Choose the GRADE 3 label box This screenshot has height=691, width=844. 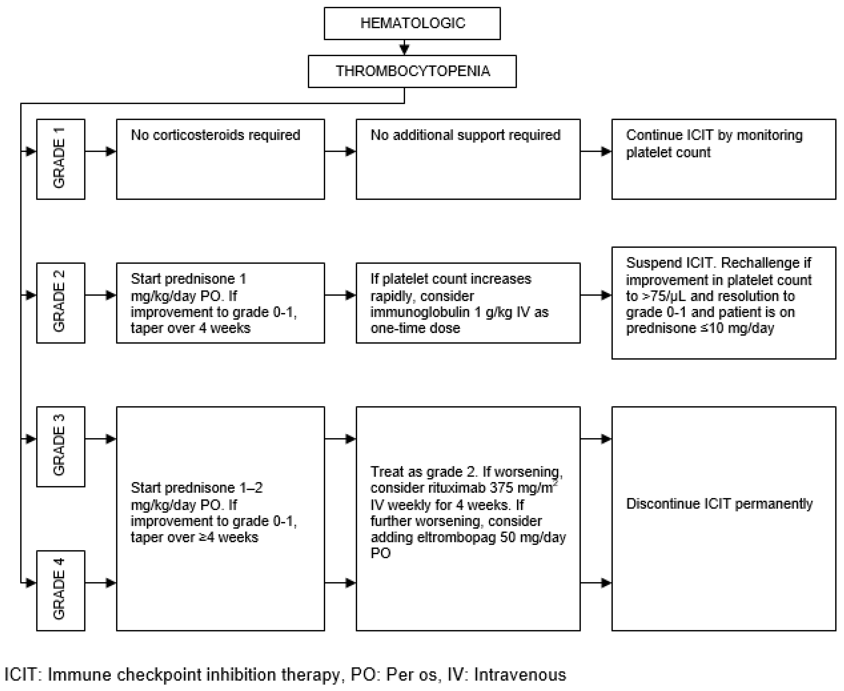click(61, 446)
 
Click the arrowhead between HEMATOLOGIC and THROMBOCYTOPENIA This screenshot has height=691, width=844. click(404, 50)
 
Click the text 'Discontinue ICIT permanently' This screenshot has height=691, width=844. click(719, 504)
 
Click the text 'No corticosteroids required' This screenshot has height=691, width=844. click(216, 135)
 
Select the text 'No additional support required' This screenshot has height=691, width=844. click(465, 135)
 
